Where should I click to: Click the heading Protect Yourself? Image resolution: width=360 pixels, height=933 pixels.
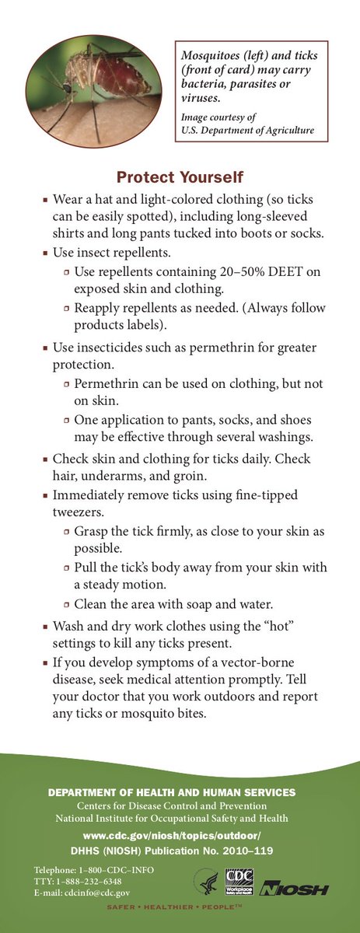click(x=180, y=177)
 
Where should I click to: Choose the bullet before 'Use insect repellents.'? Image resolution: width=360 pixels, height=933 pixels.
click(x=46, y=253)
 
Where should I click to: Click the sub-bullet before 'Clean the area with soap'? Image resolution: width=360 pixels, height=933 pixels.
click(x=68, y=604)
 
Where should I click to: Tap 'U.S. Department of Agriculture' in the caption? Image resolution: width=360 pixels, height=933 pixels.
click(x=247, y=131)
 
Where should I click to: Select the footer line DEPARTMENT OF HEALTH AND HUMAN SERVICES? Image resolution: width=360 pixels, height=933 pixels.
click(x=172, y=792)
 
